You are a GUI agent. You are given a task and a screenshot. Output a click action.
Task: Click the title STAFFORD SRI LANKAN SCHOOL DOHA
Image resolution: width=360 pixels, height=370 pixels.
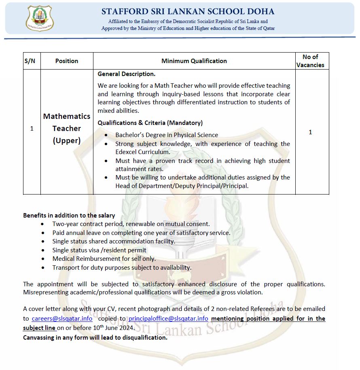pos(188,11)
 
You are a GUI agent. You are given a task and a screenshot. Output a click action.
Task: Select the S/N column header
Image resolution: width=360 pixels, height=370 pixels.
pos(30,61)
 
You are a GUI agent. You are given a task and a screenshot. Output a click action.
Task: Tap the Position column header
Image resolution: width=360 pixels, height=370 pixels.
pos(67,61)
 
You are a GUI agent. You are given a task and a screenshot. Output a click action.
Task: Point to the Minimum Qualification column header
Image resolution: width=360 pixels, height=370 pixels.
pos(194,61)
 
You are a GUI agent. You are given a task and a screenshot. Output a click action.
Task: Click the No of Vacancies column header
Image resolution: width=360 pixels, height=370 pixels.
pos(310,61)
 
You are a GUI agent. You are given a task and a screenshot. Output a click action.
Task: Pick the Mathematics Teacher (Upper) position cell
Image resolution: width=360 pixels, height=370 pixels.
pos(67,128)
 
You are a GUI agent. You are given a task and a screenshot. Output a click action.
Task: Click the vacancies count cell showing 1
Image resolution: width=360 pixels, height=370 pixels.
pos(310,132)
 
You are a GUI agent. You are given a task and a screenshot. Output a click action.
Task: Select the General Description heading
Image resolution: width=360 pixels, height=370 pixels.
pos(127,74)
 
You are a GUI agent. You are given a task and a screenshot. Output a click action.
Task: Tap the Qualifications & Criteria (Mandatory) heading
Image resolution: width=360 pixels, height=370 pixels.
pos(150,123)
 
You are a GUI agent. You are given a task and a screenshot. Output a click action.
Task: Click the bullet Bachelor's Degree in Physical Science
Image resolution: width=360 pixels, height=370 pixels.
pos(167,135)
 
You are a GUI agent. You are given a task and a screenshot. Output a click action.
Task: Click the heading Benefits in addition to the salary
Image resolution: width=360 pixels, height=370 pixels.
pos(69,216)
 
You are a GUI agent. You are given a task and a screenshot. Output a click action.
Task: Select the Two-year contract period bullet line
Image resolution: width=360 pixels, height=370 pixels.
pos(131,224)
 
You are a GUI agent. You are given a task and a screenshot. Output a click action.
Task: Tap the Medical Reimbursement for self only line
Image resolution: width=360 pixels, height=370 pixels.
pos(104,259)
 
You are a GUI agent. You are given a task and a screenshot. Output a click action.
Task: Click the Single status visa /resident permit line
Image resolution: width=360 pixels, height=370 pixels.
pos(99,250)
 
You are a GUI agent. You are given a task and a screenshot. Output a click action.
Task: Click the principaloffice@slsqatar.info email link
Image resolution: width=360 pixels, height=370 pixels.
pos(168,319)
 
